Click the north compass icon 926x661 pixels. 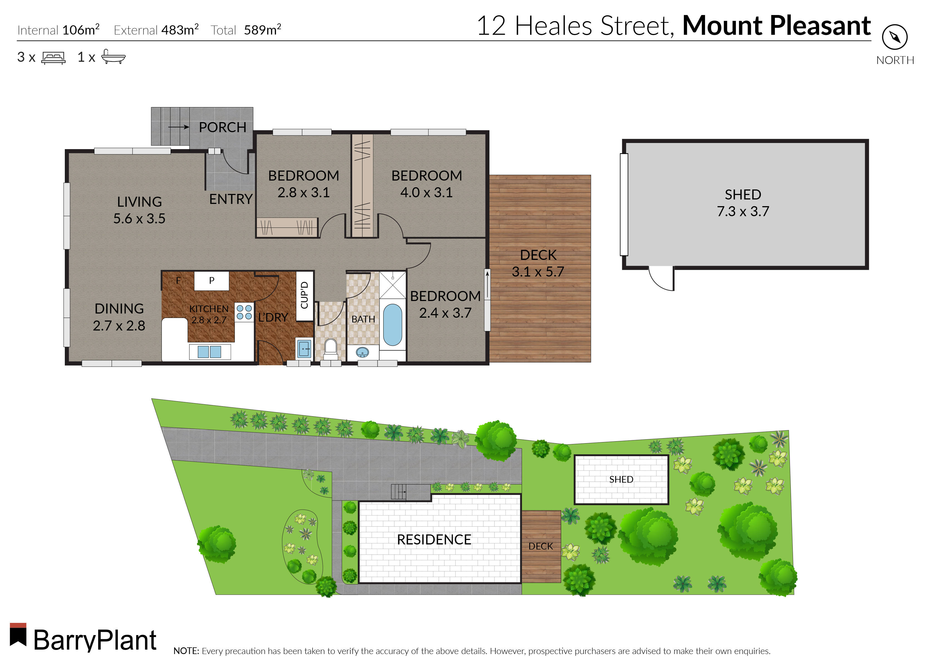click(894, 37)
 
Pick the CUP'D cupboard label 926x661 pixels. click(304, 295)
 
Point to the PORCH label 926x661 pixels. click(222, 127)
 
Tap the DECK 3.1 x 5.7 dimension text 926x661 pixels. click(538, 272)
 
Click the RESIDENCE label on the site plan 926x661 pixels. click(434, 540)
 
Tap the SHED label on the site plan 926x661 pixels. click(621, 479)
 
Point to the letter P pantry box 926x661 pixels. click(211, 280)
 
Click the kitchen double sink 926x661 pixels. click(209, 352)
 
